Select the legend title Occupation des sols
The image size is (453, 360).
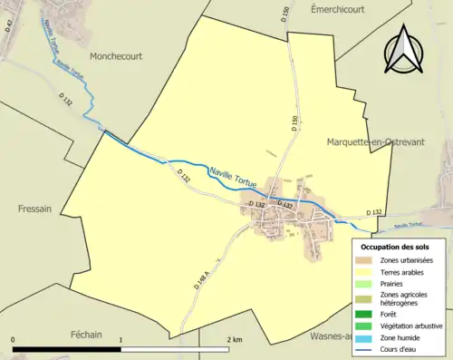point(395,246)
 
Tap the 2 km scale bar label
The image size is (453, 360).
point(234,340)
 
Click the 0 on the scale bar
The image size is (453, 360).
point(14,340)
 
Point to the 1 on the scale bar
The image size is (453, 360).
point(121,340)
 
